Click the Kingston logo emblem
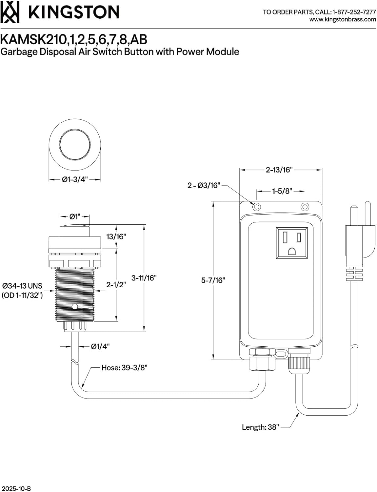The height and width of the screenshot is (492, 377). click(10, 12)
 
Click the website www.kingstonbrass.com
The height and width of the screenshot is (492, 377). click(343, 19)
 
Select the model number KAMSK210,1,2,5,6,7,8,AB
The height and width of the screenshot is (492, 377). click(74, 39)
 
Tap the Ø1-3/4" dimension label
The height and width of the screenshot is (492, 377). click(75, 179)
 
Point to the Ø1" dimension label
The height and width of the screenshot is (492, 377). click(75, 216)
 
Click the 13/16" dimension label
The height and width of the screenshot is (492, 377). click(116, 236)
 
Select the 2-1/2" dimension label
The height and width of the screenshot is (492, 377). click(116, 284)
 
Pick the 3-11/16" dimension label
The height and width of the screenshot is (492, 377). click(144, 278)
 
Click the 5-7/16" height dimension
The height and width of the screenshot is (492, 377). click(213, 280)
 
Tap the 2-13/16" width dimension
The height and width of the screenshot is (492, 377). click(279, 170)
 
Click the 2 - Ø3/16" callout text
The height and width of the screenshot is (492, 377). click(204, 185)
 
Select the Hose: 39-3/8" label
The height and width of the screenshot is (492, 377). click(124, 367)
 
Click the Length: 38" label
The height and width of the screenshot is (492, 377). click(260, 427)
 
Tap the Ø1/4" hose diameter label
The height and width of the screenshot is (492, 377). click(100, 346)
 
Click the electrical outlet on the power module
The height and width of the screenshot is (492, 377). click(292, 243)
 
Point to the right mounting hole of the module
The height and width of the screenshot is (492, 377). click(305, 207)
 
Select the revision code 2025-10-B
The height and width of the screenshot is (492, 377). click(16, 488)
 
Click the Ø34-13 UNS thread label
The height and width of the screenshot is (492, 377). click(22, 286)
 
